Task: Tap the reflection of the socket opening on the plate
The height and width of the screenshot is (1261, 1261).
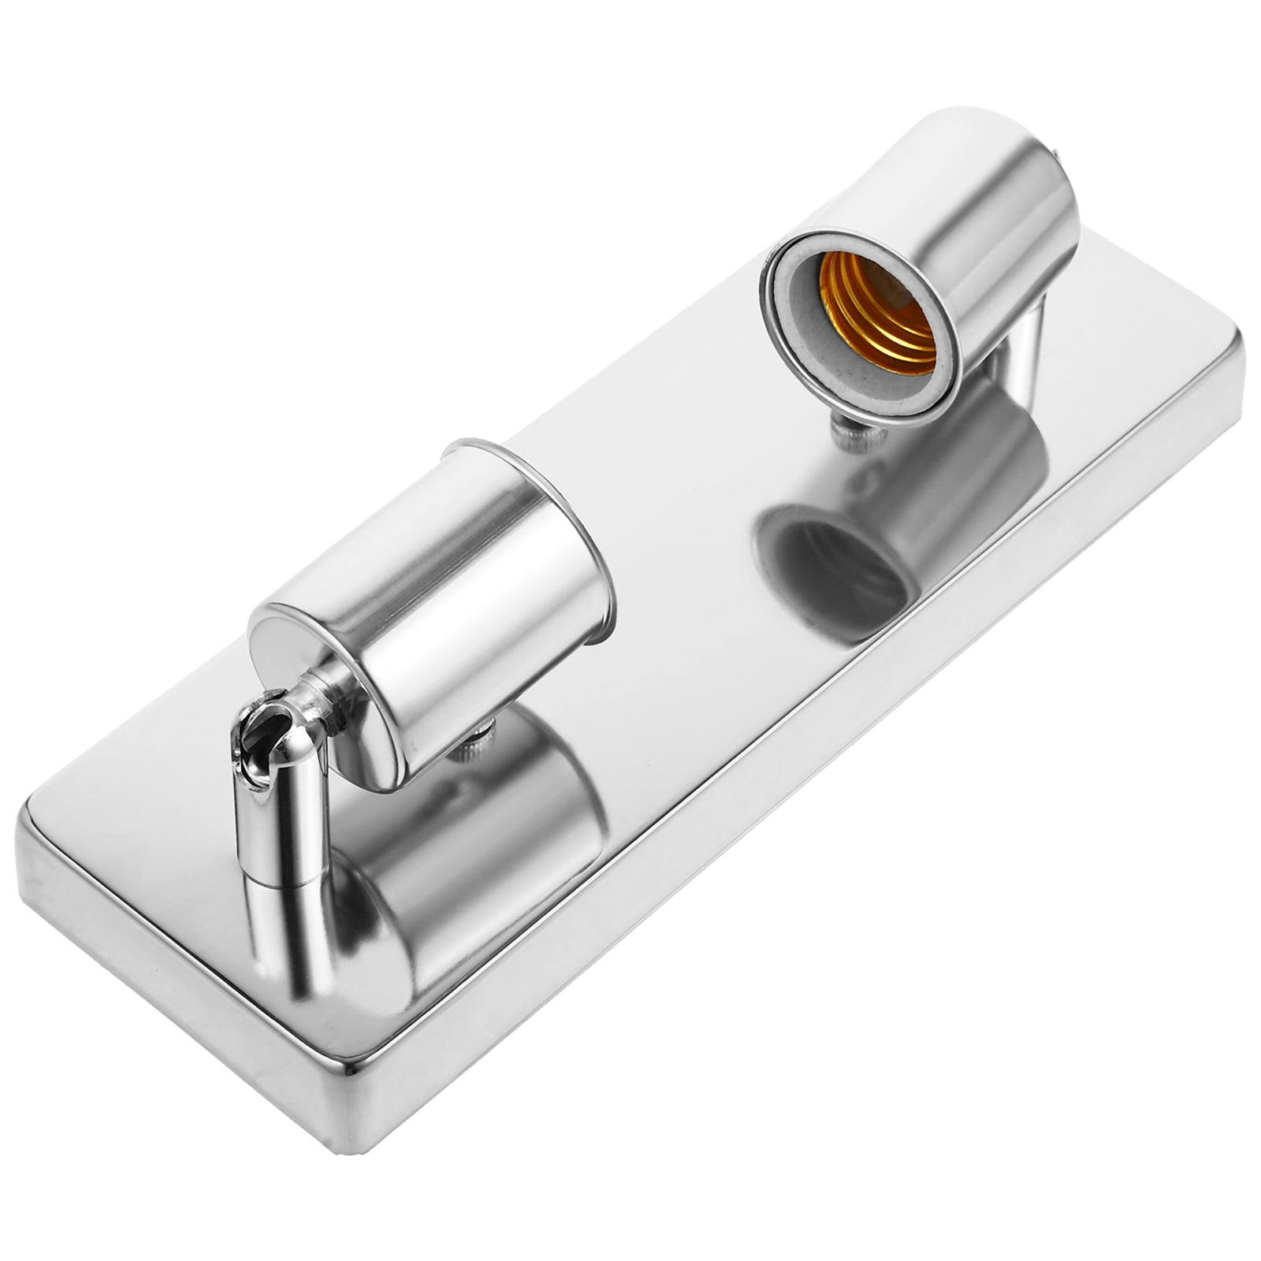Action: click(x=835, y=567)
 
